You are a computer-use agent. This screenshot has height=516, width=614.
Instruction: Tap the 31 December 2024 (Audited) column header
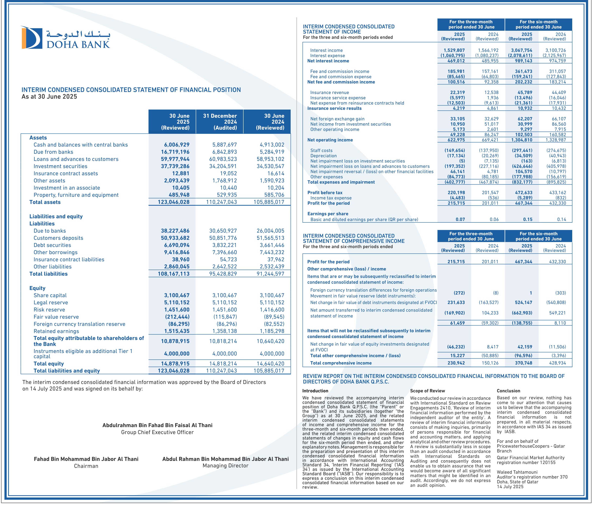click(x=220, y=122)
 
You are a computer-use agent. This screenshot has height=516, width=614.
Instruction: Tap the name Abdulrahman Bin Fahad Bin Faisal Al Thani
click(x=157, y=425)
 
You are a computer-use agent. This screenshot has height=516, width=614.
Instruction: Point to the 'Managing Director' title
click(x=225, y=466)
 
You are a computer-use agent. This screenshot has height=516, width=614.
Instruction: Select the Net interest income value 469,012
click(x=456, y=61)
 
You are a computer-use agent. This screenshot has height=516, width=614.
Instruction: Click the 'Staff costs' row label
click(x=321, y=151)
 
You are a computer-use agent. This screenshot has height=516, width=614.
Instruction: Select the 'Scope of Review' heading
click(x=427, y=391)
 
